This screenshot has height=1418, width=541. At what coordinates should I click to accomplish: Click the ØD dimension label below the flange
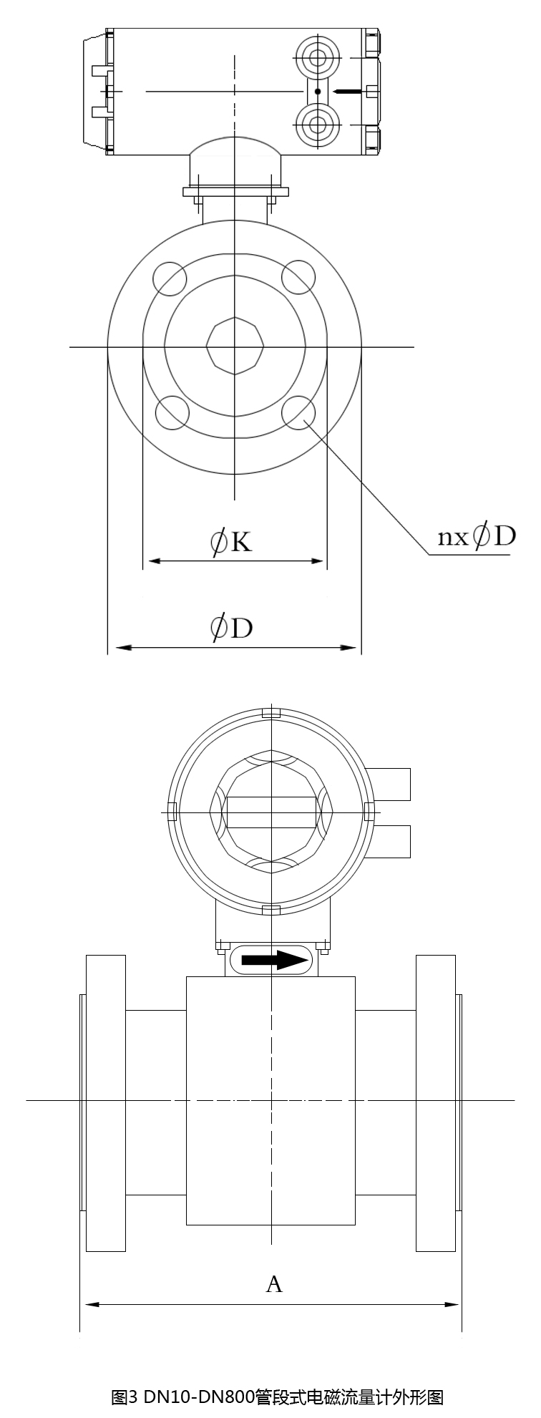tap(231, 628)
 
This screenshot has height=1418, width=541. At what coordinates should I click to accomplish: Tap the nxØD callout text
tap(477, 536)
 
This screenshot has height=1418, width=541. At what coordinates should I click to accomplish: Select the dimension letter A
tap(274, 1284)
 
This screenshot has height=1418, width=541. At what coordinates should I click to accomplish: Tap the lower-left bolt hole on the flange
tap(172, 413)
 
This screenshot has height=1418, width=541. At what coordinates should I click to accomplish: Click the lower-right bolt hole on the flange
tap(298, 413)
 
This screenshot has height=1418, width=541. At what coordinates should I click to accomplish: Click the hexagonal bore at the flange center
tap(235, 346)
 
